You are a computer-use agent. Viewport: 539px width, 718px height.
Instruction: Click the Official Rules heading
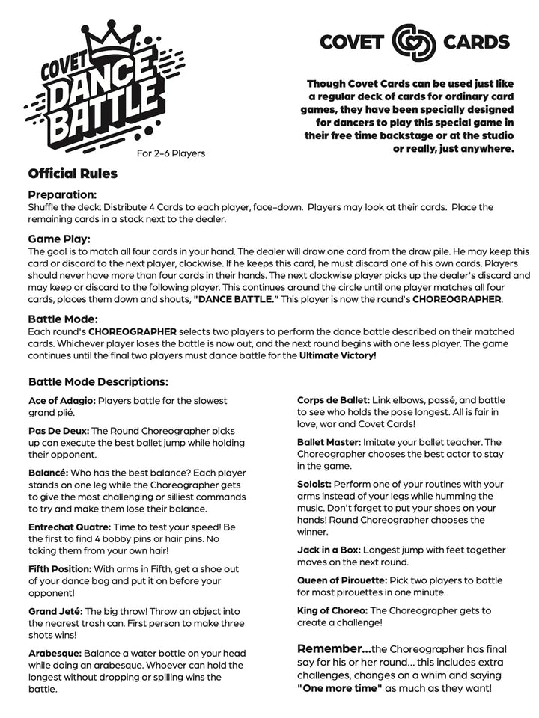coord(73,174)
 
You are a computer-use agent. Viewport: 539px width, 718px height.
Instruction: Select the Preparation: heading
coord(63,194)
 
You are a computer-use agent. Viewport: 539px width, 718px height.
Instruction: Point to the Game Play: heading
coord(59,239)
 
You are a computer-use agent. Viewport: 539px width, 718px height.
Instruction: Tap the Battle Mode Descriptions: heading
coord(98,381)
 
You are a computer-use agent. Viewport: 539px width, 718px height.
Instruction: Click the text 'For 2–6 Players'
coord(171,154)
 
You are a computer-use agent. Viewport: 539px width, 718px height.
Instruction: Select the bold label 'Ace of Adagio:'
coord(62,401)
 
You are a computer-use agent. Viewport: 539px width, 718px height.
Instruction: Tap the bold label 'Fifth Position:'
coord(61,568)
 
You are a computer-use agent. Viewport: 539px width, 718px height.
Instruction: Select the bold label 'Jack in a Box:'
coord(329,550)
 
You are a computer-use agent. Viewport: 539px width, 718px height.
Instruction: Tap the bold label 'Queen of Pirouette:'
coord(342,580)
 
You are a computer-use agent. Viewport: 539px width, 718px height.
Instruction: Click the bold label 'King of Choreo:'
coord(332,610)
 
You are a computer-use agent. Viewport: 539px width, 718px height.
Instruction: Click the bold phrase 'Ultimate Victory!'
coord(338,355)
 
